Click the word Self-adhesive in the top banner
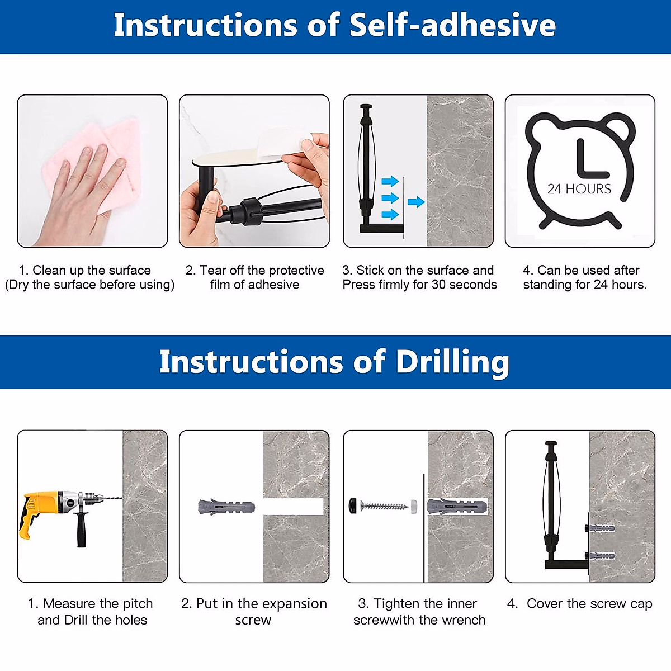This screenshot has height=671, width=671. click(x=453, y=25)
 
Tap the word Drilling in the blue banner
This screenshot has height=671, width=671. click(x=452, y=363)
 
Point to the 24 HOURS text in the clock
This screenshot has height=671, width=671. click(x=579, y=189)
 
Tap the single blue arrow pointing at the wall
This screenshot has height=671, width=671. click(x=416, y=202)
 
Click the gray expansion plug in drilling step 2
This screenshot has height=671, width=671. click(x=226, y=507)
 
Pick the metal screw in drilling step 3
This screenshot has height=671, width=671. click(x=384, y=505)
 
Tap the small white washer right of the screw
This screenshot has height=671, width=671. click(x=414, y=505)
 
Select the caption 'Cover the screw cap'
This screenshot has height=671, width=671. click(x=589, y=604)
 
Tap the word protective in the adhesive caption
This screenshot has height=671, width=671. click(x=296, y=271)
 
